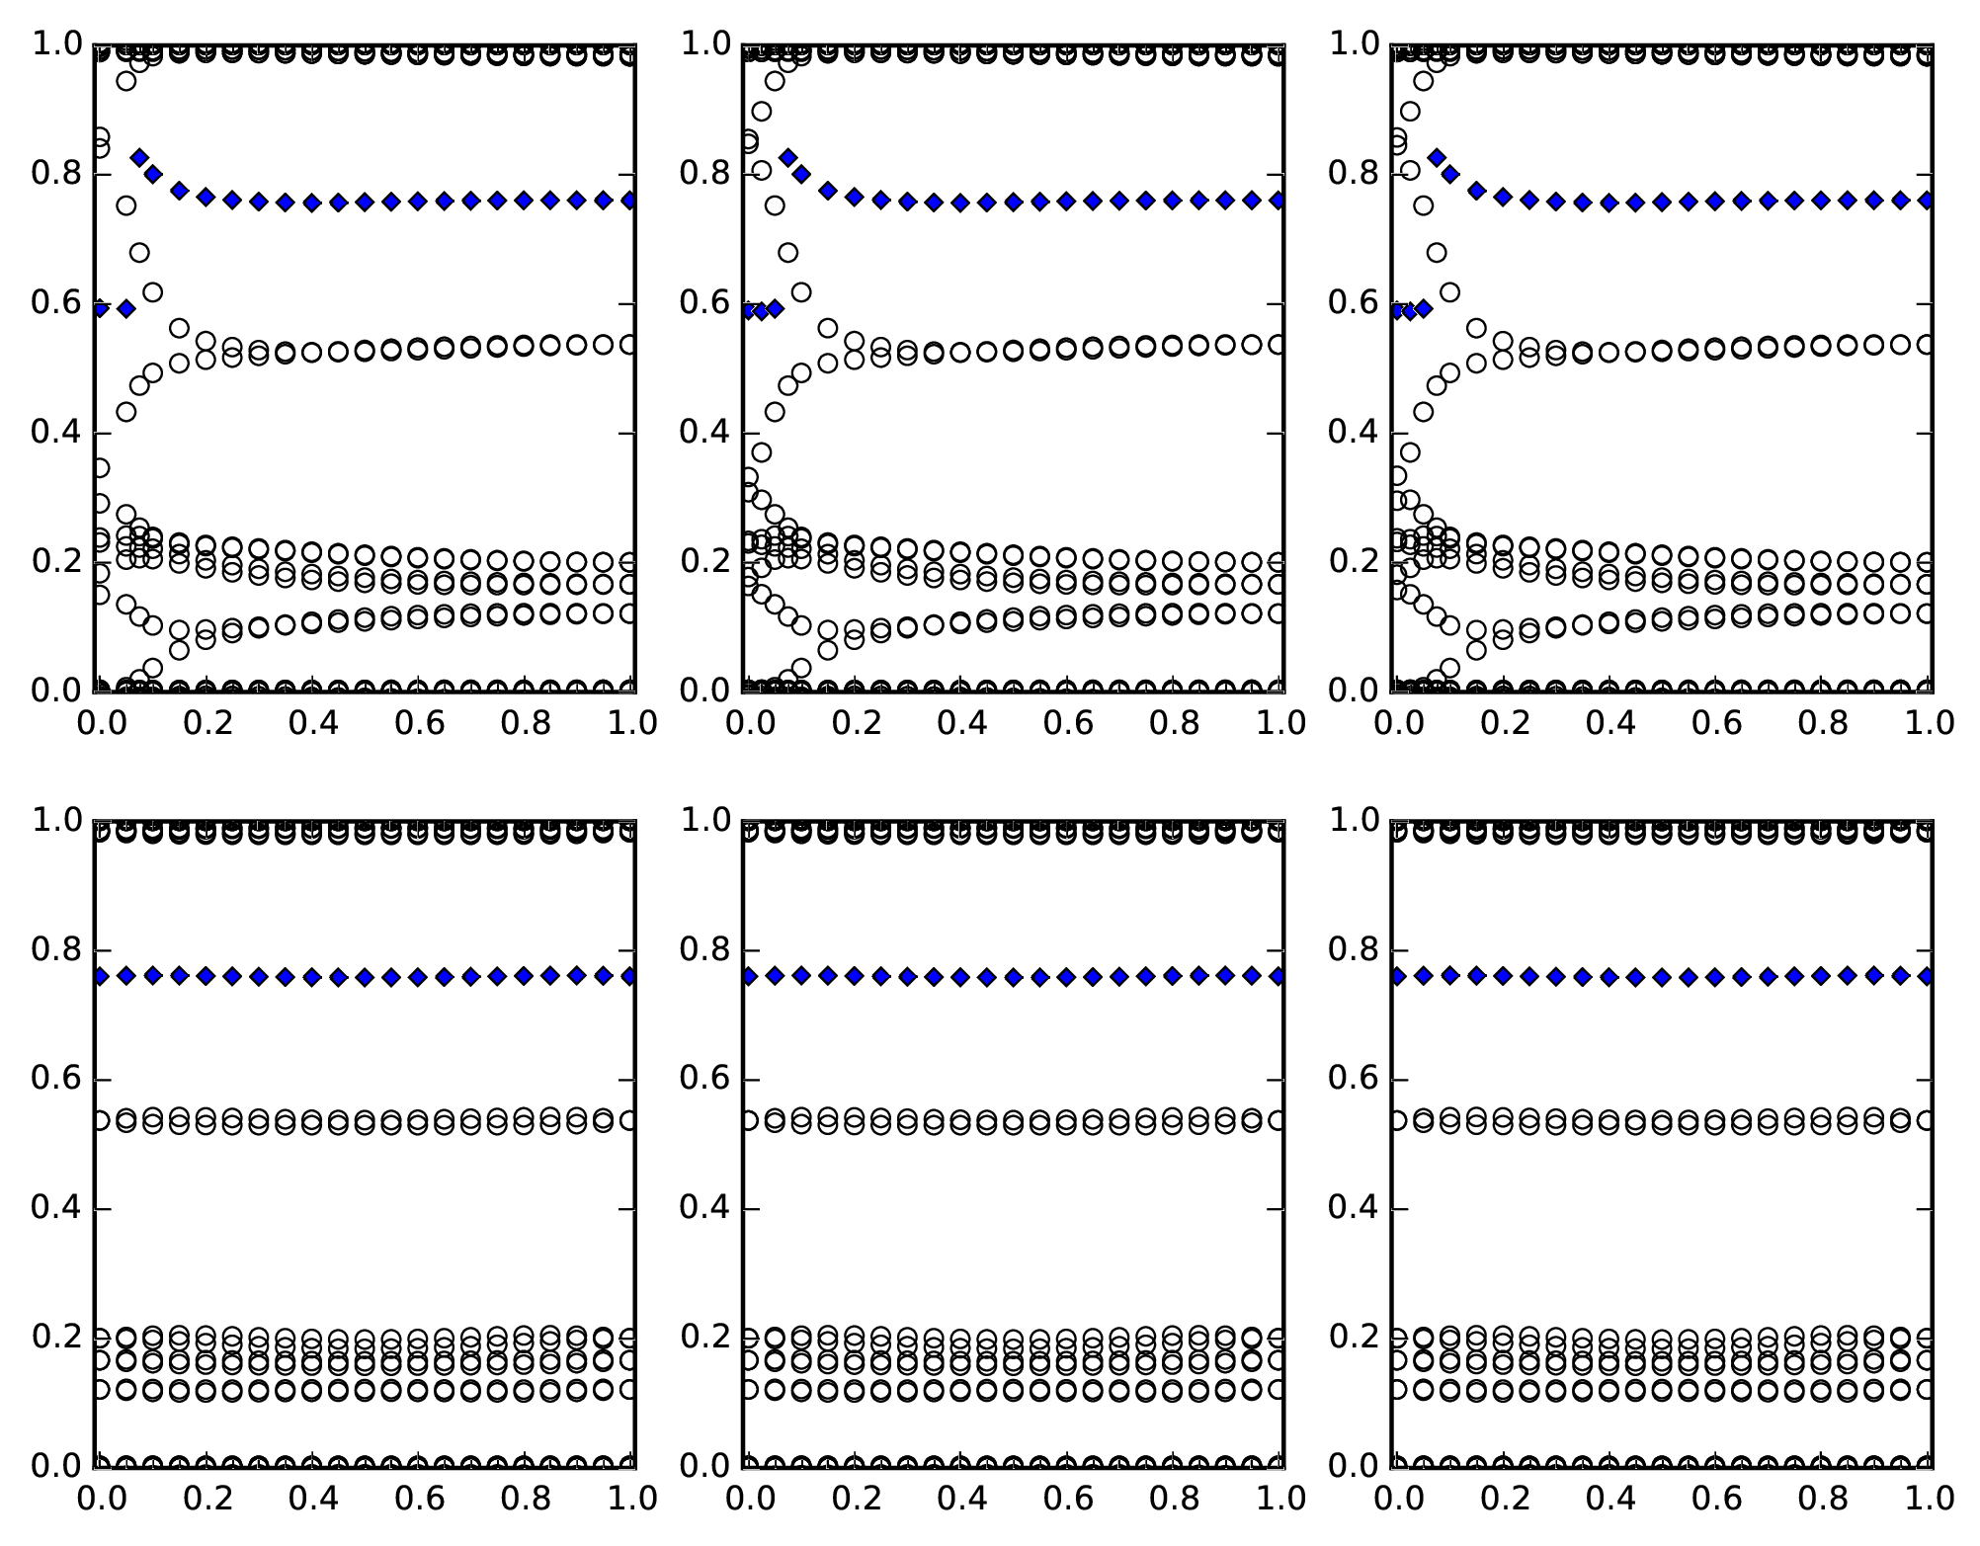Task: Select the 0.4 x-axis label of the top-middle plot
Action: pyautogui.click(x=960, y=723)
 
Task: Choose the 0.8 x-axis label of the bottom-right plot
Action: pyautogui.click(x=1821, y=1499)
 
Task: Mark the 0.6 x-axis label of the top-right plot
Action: pyautogui.click(x=1714, y=723)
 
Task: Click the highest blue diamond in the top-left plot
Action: pyautogui.click(x=139, y=158)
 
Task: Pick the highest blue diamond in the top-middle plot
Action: pyautogui.click(x=787, y=158)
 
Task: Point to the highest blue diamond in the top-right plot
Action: pyautogui.click(x=1437, y=158)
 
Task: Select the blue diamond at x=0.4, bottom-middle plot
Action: pyautogui.click(x=960, y=977)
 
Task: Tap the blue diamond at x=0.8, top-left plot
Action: pyautogui.click(x=524, y=201)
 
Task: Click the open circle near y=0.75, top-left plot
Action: pyautogui.click(x=126, y=205)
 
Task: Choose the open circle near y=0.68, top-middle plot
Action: pyautogui.click(x=787, y=253)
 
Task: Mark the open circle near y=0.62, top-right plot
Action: pyautogui.click(x=1449, y=292)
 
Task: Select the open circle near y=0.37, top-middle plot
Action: pyautogui.click(x=761, y=452)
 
